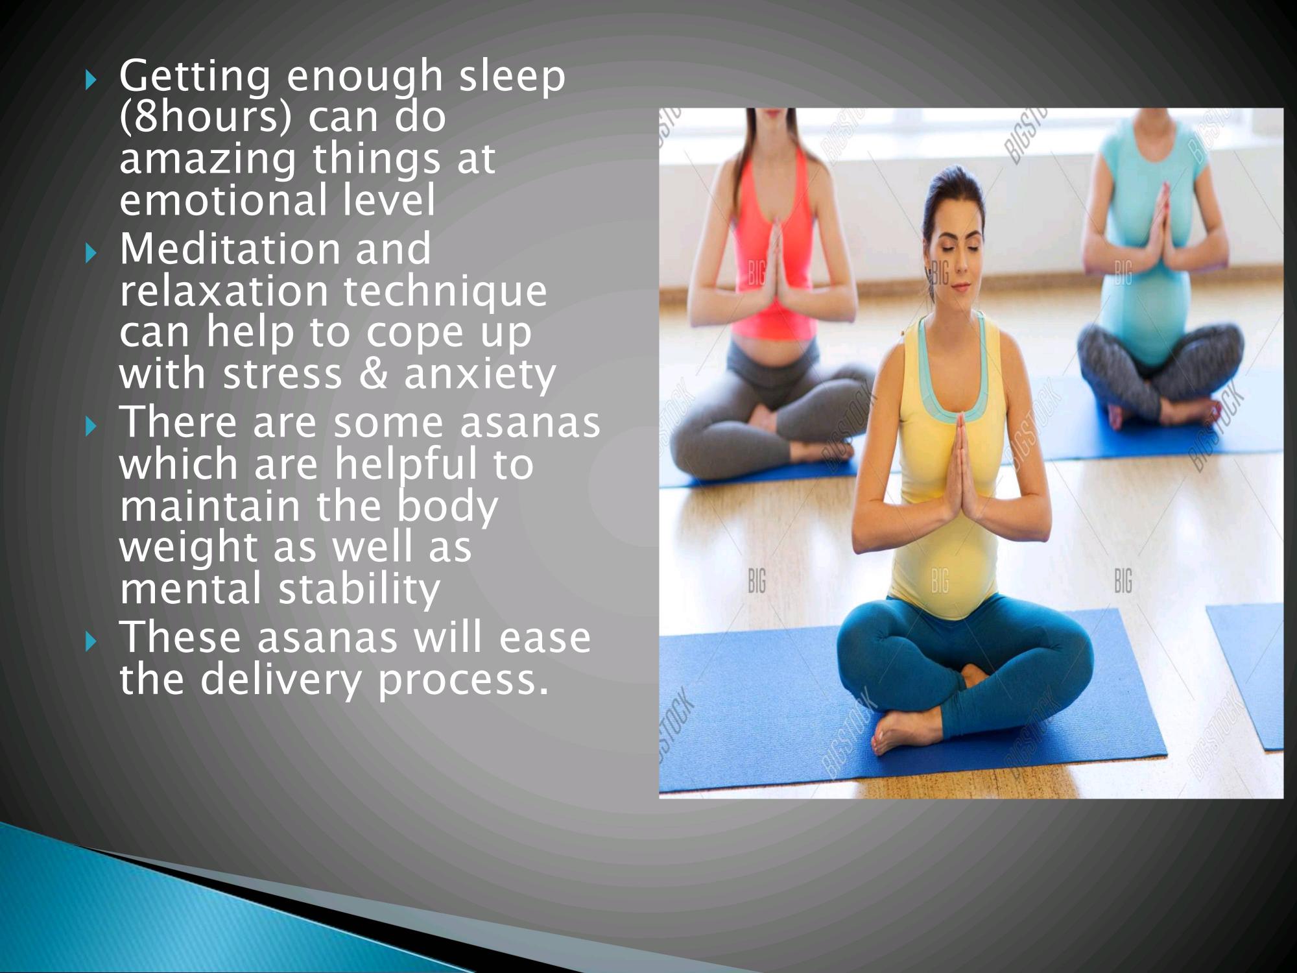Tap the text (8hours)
coord(206,118)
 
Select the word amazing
coord(208,160)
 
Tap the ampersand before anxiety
coord(373,374)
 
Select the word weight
coord(188,548)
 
